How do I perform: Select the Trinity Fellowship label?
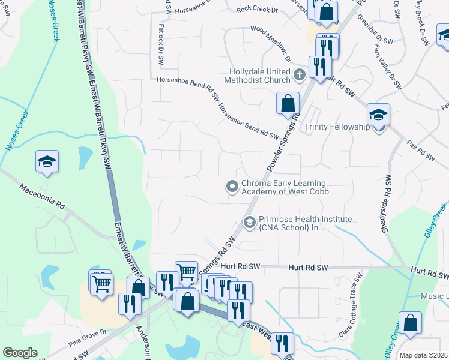(337, 127)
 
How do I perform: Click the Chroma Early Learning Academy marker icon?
(232, 187)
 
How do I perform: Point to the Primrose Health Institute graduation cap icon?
(250, 223)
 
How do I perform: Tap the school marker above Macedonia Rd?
(47, 162)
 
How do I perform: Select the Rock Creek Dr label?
(258, 10)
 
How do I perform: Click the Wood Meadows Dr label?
(270, 43)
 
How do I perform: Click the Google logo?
(19, 353)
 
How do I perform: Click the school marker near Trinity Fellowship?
(379, 115)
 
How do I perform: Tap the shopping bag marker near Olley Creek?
(411, 322)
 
